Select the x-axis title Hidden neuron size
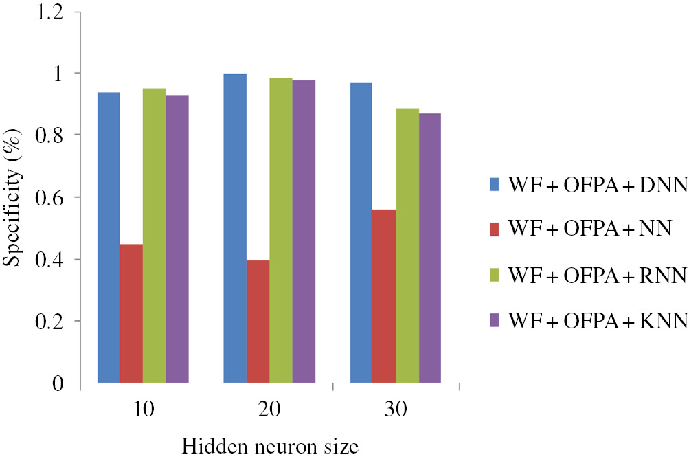point(270,447)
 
